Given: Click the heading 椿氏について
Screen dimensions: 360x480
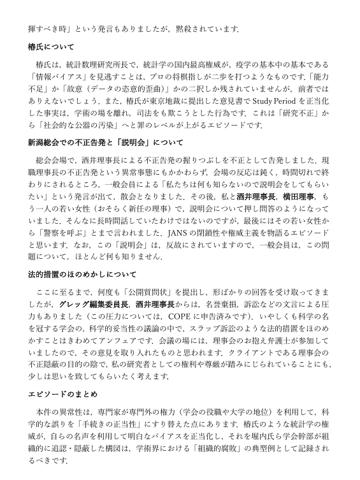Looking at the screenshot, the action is click(51, 47).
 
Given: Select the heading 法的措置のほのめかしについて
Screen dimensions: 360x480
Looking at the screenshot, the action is click(82, 275).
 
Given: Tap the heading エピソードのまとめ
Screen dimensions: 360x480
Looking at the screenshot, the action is click(59, 394).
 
